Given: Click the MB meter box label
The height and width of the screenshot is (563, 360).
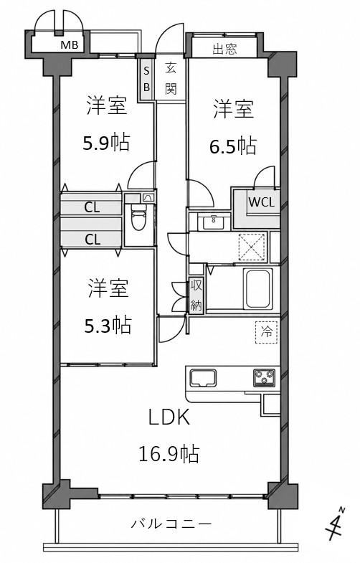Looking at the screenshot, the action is click(x=70, y=45).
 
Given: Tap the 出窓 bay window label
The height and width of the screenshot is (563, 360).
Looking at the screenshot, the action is click(x=225, y=49).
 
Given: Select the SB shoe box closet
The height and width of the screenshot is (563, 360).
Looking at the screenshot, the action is click(x=146, y=79).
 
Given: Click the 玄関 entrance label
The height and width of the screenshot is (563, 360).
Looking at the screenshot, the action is click(x=171, y=79).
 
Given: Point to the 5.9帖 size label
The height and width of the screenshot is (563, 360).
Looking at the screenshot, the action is click(x=106, y=142).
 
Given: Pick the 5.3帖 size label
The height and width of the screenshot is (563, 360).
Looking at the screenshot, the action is click(x=108, y=325).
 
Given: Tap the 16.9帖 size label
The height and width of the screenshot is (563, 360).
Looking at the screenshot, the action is click(x=169, y=453).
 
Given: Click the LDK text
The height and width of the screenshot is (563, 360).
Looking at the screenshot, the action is click(x=169, y=417).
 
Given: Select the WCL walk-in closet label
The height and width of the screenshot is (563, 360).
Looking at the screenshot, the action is click(x=262, y=202).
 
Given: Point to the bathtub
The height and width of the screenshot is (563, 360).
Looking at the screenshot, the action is click(x=257, y=288).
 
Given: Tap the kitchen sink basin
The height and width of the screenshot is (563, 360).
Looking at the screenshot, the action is click(x=203, y=379).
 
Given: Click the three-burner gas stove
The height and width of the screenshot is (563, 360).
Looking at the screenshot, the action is click(x=265, y=378).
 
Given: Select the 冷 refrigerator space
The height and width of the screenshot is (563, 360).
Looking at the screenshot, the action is click(x=266, y=332).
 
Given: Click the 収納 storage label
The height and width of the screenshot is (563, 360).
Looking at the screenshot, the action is click(x=196, y=295).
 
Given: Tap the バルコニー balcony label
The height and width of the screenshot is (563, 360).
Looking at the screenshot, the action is click(x=171, y=524).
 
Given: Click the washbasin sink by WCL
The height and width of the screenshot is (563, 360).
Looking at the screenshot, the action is click(x=213, y=222).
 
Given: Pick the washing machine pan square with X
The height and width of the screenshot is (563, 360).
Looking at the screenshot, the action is click(x=252, y=246).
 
